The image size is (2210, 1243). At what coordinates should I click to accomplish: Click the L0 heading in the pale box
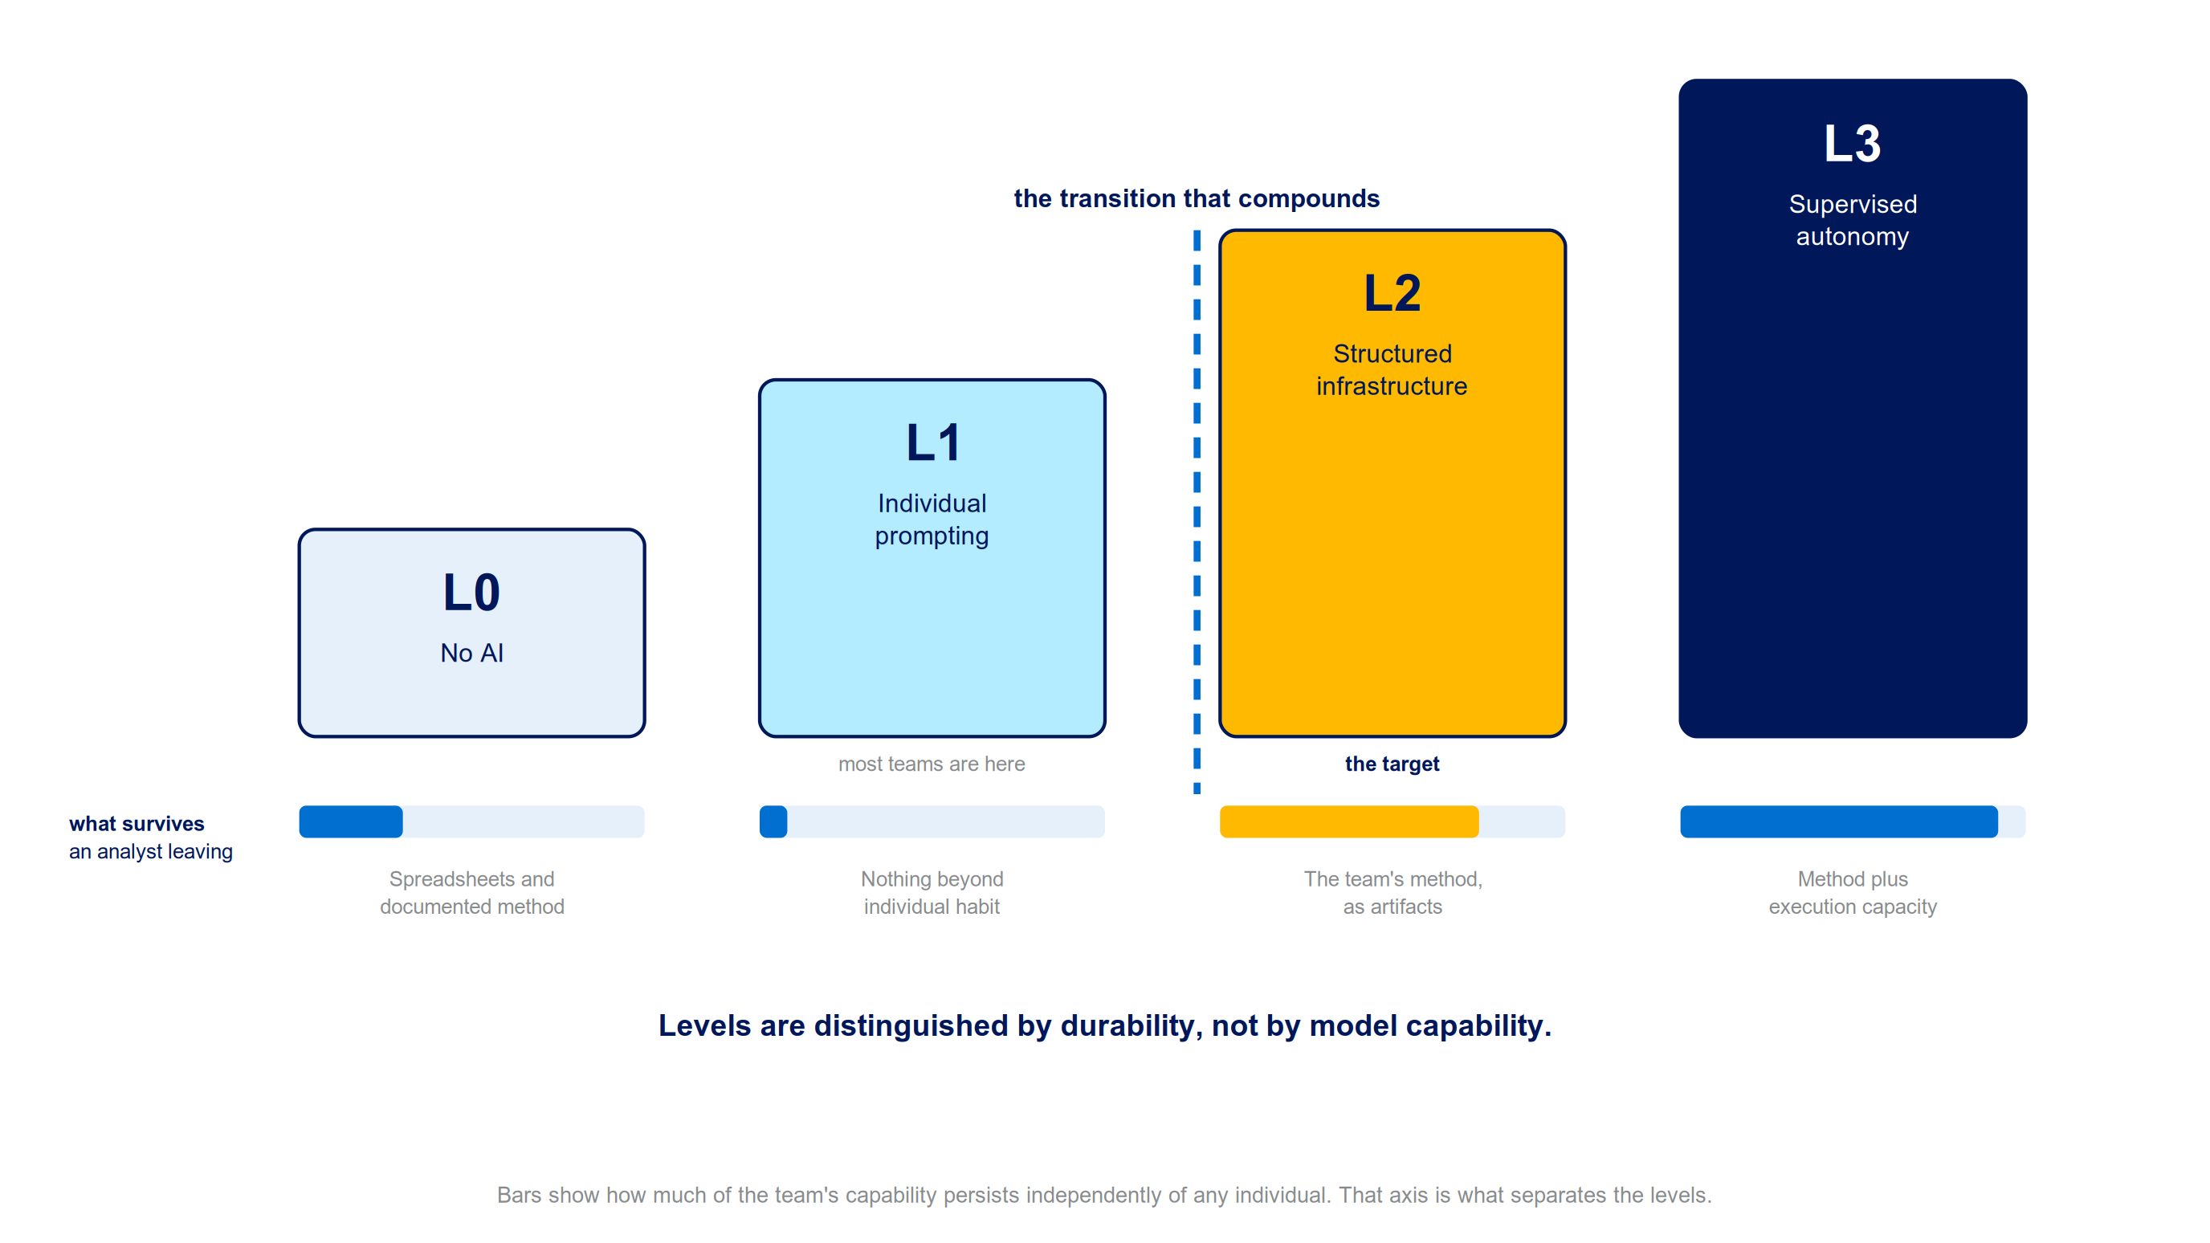point(471,592)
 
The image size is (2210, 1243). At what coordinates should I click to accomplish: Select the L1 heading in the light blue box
point(932,442)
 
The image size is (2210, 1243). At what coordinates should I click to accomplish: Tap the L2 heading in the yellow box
point(1392,292)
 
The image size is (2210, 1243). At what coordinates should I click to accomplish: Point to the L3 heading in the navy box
point(1853,143)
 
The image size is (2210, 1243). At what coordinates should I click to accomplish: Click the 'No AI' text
point(472,653)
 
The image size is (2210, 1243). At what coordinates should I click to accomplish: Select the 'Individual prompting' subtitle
point(932,519)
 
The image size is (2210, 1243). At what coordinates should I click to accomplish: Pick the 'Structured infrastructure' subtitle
point(1392,369)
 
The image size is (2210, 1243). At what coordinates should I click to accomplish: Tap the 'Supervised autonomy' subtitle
point(1853,219)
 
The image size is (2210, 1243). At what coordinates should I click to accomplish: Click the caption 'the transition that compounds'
point(1197,198)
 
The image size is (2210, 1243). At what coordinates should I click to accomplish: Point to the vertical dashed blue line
point(1197,511)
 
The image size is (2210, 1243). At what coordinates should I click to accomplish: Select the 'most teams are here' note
point(932,764)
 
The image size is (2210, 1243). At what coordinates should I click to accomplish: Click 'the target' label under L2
point(1392,764)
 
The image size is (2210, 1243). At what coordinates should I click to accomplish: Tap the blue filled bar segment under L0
point(351,821)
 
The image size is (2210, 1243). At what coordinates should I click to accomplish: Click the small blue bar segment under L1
point(773,821)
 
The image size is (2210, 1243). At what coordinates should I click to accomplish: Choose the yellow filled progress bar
point(1348,821)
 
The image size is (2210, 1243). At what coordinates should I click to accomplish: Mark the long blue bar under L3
point(1838,821)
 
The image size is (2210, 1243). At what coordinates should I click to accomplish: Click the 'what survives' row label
point(137,824)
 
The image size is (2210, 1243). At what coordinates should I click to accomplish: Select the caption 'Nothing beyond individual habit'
point(932,892)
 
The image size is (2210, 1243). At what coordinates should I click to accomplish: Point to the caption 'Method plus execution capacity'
point(1853,892)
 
